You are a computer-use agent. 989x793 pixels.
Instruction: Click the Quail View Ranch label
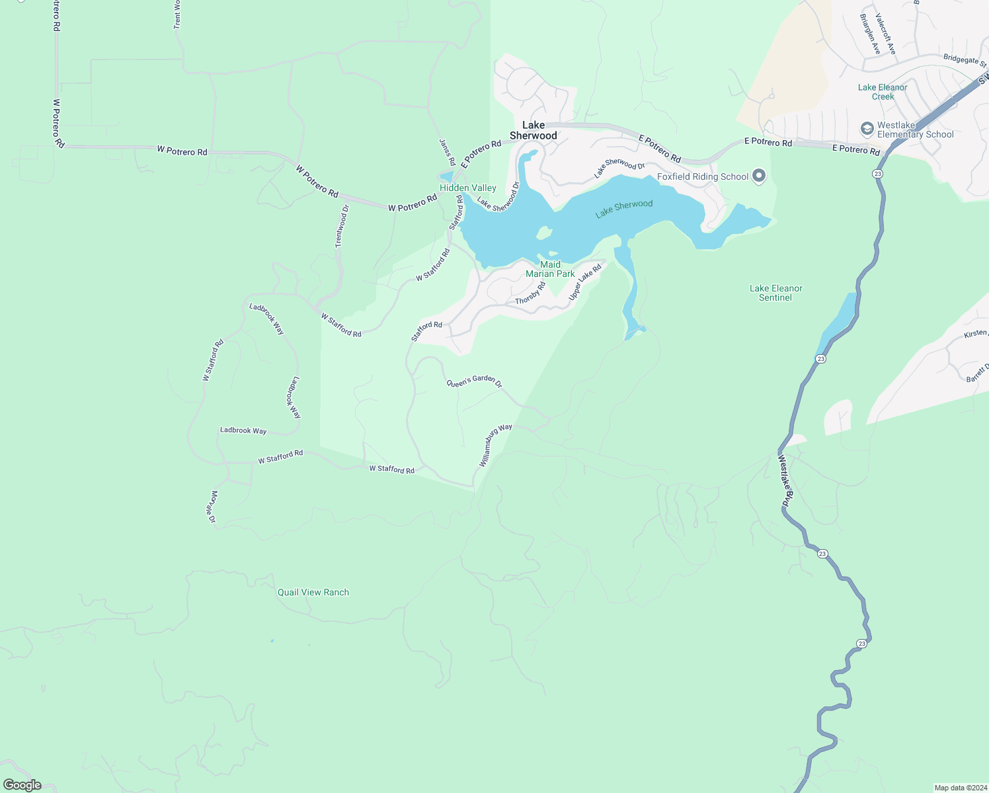click(313, 592)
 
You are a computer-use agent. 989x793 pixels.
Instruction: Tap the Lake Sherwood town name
click(534, 130)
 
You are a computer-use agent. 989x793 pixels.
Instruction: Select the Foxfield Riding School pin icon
click(759, 176)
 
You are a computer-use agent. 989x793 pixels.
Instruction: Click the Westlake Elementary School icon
click(867, 128)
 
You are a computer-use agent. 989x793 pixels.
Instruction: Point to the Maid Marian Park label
click(550, 269)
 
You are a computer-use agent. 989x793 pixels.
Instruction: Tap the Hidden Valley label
click(468, 188)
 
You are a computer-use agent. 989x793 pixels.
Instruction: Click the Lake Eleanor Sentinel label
click(776, 293)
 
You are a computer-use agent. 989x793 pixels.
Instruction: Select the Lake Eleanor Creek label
click(883, 92)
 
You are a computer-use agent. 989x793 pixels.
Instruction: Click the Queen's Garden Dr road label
click(474, 382)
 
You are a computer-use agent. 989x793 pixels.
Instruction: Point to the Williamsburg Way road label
click(496, 445)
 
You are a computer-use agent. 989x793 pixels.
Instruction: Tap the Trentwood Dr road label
click(342, 226)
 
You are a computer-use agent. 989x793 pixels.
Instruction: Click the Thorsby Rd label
click(530, 293)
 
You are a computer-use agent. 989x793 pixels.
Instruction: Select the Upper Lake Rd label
click(585, 282)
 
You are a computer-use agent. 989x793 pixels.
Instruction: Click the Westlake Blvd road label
click(785, 480)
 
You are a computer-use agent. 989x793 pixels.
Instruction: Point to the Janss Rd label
click(448, 152)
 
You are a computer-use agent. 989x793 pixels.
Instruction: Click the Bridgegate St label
click(965, 60)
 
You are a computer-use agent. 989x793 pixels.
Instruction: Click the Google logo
click(22, 785)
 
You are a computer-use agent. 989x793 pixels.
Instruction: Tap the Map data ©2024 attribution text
click(960, 788)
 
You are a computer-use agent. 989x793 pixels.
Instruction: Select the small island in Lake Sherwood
click(544, 233)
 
